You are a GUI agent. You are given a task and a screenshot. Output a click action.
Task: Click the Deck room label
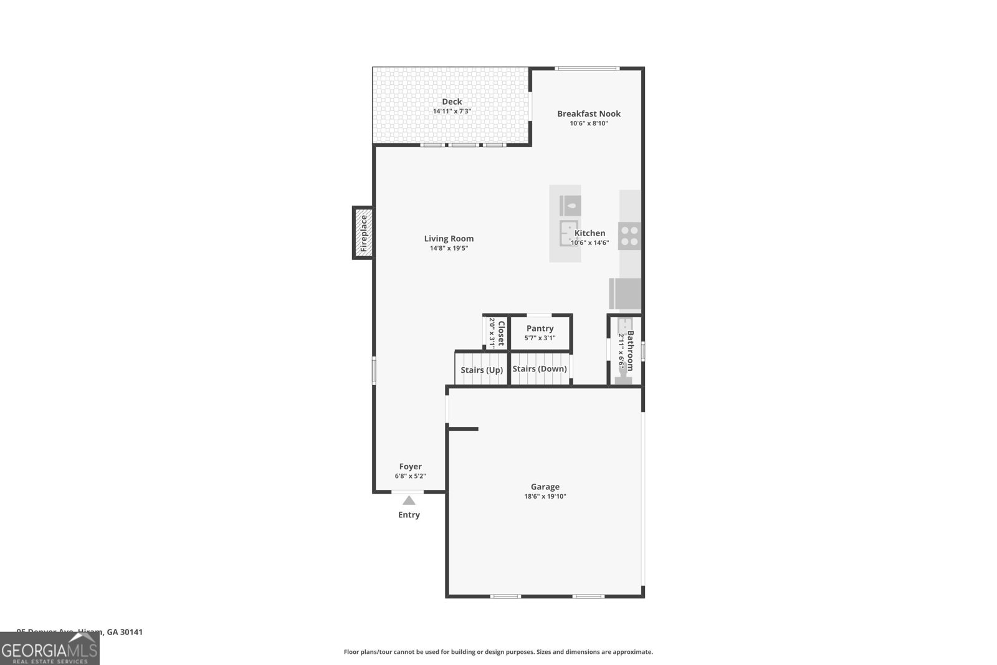coord(452,102)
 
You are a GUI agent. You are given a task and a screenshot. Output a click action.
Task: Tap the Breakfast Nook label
coord(589,113)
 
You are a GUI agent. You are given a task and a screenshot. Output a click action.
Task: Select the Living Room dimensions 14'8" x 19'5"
coord(449,248)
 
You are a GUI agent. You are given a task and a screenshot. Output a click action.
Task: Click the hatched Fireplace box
coord(363,232)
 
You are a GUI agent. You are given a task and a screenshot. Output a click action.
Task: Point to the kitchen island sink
coord(568,234)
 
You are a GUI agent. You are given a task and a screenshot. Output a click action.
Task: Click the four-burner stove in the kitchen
coord(630,236)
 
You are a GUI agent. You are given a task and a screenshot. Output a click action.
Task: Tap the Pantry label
coord(540,328)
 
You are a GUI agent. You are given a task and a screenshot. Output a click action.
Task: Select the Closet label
coord(501,333)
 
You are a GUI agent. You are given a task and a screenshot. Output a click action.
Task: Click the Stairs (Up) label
coord(482,370)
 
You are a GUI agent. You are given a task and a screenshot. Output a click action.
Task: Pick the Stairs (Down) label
coord(540,368)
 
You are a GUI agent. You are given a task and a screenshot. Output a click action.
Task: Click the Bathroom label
coord(630,350)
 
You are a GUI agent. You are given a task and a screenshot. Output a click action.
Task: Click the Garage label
coord(545,487)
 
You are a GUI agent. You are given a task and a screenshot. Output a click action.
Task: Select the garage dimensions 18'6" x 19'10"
coord(545,497)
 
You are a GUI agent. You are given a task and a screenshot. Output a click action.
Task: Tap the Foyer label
coord(411,466)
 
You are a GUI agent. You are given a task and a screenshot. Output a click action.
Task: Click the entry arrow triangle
coord(409,500)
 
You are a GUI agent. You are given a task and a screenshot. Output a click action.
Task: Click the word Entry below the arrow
coord(409,515)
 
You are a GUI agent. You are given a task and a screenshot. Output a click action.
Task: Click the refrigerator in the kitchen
coord(625,294)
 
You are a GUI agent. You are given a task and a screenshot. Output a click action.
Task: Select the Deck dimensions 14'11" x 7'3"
coord(452,112)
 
